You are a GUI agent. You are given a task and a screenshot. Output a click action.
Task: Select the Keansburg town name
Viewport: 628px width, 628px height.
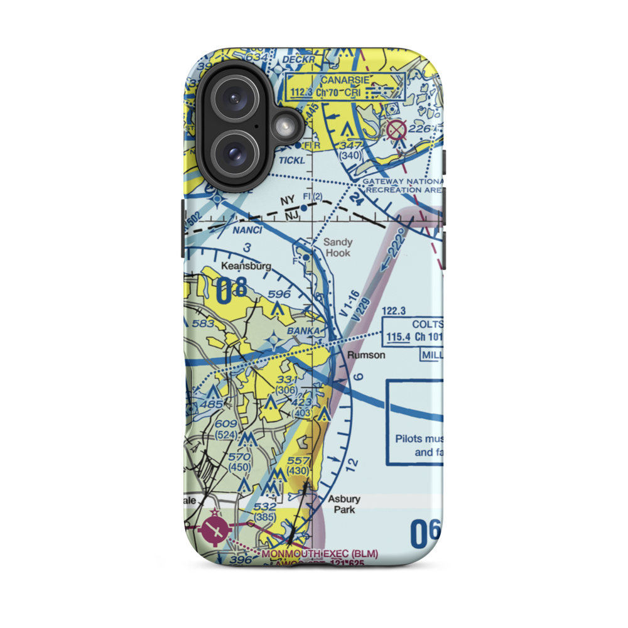[x=246, y=266]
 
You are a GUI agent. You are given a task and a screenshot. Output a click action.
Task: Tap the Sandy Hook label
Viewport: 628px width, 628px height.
[x=337, y=247]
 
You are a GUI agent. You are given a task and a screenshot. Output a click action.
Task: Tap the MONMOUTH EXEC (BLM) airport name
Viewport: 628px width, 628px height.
[x=320, y=553]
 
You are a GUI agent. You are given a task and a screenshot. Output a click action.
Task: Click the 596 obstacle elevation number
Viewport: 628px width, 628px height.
[x=279, y=294]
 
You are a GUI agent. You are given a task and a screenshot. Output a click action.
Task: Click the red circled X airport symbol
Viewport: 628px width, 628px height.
[x=396, y=131]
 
